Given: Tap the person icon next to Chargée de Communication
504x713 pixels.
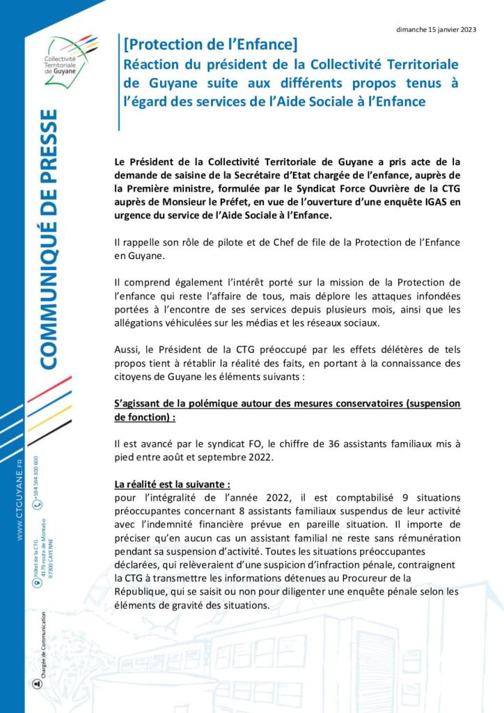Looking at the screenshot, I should (x=37, y=683).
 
